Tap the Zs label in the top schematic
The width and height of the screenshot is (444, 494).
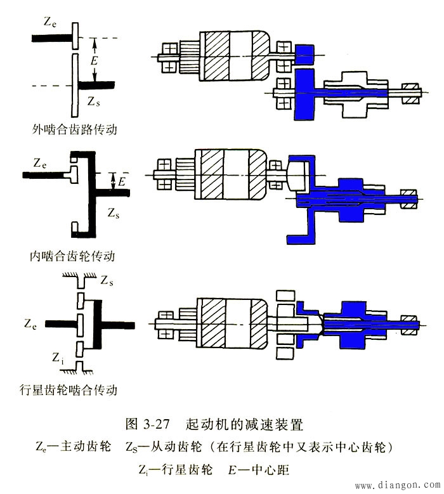point(95,100)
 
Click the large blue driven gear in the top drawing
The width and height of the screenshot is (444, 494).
point(304,94)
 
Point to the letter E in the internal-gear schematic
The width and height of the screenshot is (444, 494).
point(121,183)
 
